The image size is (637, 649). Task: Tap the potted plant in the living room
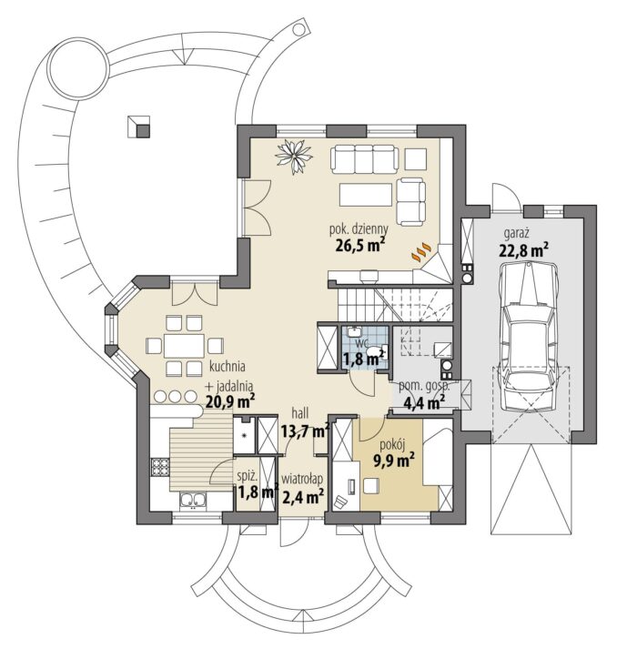click(294, 156)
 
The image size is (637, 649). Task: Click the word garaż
click(516, 233)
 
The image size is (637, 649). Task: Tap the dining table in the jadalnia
click(184, 346)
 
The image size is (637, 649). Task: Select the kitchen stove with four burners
click(160, 467)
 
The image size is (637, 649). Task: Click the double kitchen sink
click(193, 501)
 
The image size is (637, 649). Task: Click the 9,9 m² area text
click(394, 461)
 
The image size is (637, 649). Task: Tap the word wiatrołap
click(302, 480)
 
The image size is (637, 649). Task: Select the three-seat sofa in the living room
click(364, 158)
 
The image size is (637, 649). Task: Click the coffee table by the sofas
click(366, 195)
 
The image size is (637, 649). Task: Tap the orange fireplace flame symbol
click(421, 251)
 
